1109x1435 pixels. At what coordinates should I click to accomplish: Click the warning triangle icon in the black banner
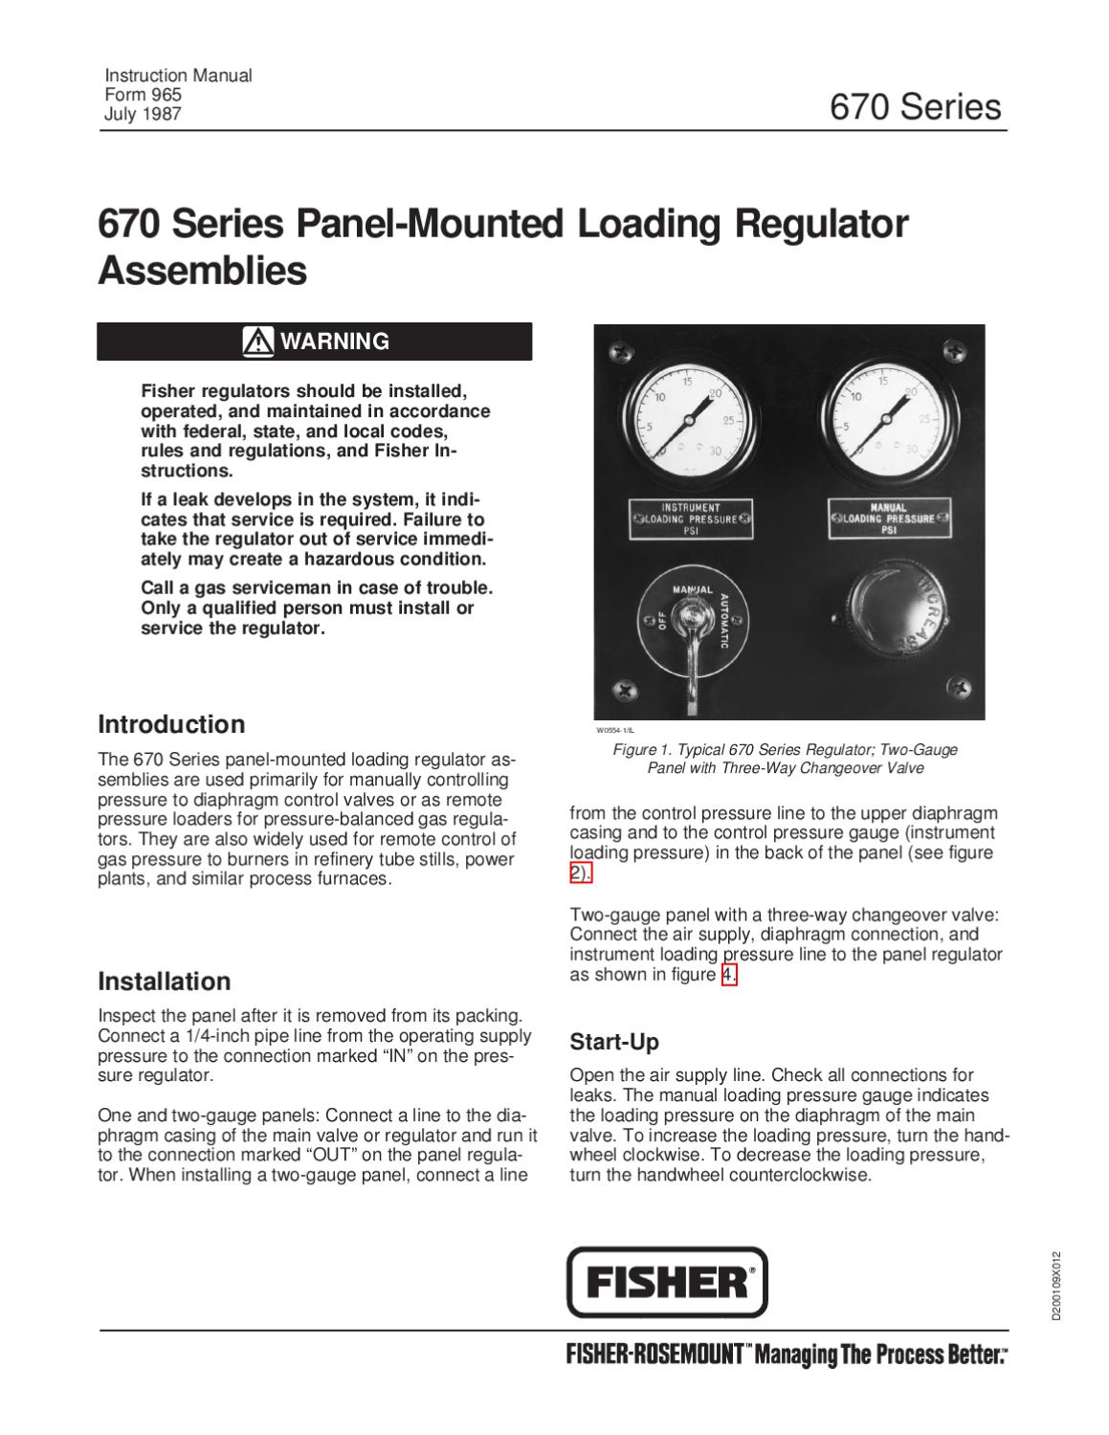click(258, 341)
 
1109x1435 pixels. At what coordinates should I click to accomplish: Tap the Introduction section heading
click(171, 723)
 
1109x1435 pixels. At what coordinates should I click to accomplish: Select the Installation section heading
click(165, 981)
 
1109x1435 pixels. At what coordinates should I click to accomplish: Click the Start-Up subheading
click(614, 1041)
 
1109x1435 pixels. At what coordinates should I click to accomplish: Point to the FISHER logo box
click(668, 1282)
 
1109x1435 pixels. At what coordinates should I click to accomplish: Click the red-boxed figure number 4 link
click(729, 975)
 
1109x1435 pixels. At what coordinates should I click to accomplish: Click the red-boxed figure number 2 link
click(580, 872)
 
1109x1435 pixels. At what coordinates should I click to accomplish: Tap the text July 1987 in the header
click(142, 115)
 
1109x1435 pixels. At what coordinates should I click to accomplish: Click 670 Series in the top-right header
click(915, 106)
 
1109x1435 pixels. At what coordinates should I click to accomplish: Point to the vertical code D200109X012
click(1055, 1286)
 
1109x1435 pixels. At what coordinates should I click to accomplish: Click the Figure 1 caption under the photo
click(785, 759)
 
